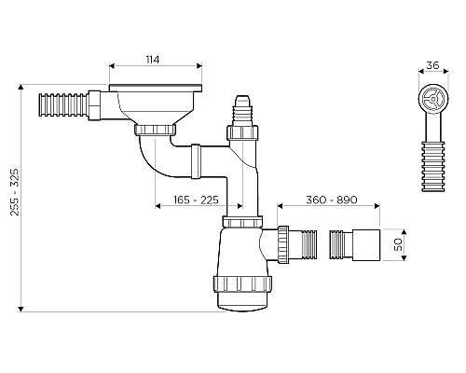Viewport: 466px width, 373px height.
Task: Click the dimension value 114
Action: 153,60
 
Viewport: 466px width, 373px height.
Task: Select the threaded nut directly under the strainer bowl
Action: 154,126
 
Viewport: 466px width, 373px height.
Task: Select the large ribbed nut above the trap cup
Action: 242,285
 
